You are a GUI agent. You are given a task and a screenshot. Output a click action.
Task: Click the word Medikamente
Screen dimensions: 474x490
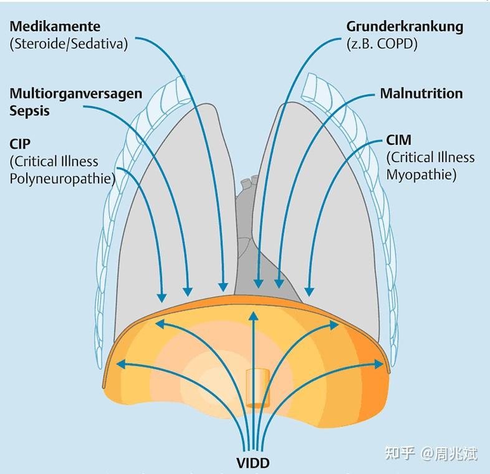tap(55, 27)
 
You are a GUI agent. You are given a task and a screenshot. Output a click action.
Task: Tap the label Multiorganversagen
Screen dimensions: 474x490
tap(75, 94)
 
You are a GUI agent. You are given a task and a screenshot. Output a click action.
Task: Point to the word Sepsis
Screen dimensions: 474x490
tap(29, 110)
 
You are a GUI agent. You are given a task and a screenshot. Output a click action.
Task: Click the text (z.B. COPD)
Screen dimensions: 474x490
tap(382, 44)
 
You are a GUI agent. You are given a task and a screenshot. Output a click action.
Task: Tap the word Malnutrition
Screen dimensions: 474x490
tap(421, 94)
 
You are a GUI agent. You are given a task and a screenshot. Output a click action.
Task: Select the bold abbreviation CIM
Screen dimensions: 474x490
tap(399, 140)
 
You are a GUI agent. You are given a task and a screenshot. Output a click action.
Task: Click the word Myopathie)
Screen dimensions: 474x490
tap(421, 175)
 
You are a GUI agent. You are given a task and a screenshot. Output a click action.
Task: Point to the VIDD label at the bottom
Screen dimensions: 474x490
tap(253, 463)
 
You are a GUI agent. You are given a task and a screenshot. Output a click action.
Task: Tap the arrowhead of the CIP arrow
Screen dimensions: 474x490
tap(163, 296)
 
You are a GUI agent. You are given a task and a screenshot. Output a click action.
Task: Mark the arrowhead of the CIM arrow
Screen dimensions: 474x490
tap(308, 291)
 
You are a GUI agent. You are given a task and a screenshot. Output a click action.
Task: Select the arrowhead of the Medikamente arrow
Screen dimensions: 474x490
tap(223, 288)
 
